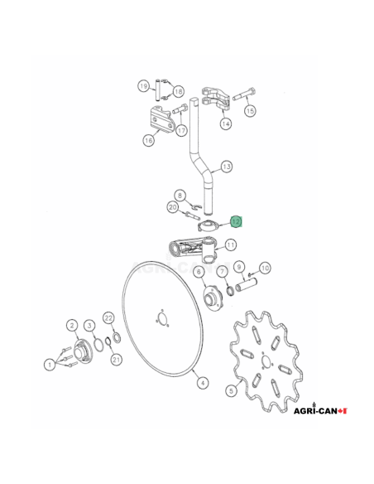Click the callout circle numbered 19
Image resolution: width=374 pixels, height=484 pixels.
pyautogui.click(x=143, y=85)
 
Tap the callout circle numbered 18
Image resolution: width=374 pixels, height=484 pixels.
pyautogui.click(x=178, y=91)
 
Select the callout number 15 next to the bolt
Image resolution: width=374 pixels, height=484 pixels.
pyautogui.click(x=250, y=110)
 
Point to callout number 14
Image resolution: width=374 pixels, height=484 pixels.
pyautogui.click(x=225, y=123)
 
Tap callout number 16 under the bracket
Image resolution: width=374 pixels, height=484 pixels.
pyautogui.click(x=149, y=140)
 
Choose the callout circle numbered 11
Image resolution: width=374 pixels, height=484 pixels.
pyautogui.click(x=231, y=244)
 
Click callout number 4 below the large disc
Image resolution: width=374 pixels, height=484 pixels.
pyautogui.click(x=201, y=382)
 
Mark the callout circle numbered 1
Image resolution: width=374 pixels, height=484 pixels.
pyautogui.click(x=49, y=363)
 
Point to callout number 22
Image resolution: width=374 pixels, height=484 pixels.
pyautogui.click(x=108, y=317)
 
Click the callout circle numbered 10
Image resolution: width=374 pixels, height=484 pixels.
pyautogui.click(x=265, y=268)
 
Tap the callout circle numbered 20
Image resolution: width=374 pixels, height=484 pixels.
pyautogui.click(x=173, y=207)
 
